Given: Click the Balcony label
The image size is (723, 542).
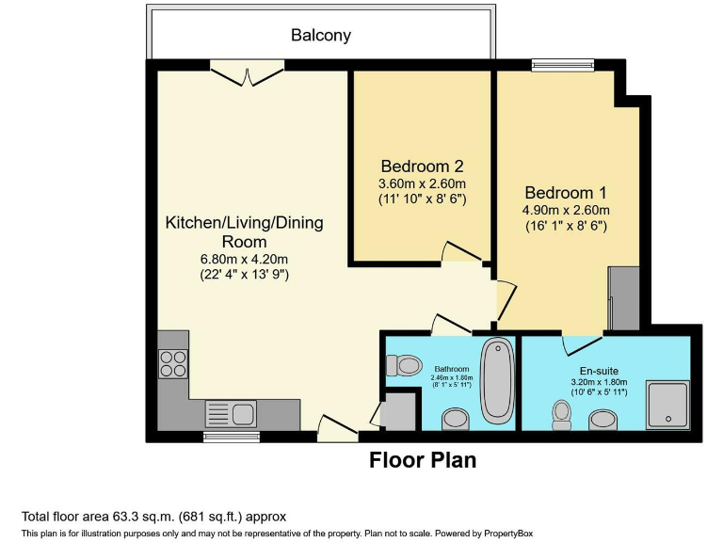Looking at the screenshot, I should pos(320,36).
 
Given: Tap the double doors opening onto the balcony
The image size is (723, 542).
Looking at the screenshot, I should pos(247,73).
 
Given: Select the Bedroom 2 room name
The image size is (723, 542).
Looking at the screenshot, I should pos(422,166).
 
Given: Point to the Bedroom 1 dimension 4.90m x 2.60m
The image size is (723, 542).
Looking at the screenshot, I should pos(567,210).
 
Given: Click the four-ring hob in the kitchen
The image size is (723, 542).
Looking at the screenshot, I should pos(172,362).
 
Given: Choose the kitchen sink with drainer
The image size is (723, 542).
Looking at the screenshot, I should pos(231,412).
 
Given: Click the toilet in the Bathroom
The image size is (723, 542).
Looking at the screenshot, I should pos(403,365).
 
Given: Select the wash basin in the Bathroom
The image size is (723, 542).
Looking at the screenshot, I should pos(455,418).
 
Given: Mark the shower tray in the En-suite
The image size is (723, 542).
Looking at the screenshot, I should pos(667,403).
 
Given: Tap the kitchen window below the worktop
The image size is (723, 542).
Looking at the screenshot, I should pos(218,437).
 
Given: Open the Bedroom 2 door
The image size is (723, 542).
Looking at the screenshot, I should pos(461,251).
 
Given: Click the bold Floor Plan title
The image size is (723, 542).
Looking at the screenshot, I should pos(423,460).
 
